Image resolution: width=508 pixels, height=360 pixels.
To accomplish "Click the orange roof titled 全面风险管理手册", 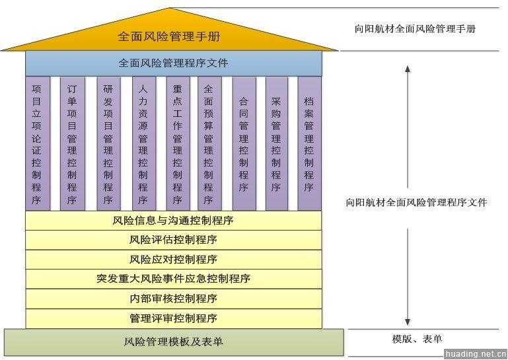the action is coord(169,36).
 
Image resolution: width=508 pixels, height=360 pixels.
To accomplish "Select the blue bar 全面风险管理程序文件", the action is coord(174,63).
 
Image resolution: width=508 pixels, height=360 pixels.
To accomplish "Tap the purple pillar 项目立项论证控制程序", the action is coord(38,143).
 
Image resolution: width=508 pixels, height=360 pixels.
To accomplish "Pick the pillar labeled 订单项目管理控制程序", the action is coord(73,143).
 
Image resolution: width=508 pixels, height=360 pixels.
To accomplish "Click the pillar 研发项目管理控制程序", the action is coord(108,143).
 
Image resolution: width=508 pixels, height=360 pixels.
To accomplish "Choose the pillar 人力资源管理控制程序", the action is coord(144,143).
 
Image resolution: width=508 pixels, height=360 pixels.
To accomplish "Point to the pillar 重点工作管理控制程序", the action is coord(178,143).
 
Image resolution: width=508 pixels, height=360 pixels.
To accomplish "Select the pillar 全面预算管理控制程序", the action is coord(209,143).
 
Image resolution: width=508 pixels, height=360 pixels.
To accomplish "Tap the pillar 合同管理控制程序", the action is coord(244,143).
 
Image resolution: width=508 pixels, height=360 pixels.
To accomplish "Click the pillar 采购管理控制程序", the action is coord(277,143).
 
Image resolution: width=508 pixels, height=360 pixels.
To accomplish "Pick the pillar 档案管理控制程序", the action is coord(310,143).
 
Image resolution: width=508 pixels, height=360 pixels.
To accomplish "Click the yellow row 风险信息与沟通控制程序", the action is coord(174,221).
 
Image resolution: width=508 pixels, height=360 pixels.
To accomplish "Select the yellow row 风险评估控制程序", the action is coord(174,240).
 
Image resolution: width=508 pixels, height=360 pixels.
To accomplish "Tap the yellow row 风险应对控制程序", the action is coord(174,260).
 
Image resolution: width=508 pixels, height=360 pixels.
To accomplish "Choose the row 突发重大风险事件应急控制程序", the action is coord(174,279).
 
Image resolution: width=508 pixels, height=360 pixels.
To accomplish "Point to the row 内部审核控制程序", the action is coord(174,299).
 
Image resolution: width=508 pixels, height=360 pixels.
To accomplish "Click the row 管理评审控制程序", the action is coord(174,318).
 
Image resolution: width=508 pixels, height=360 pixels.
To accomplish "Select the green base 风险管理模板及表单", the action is coord(174,342).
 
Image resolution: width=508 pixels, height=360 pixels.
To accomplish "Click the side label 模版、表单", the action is coord(417,339).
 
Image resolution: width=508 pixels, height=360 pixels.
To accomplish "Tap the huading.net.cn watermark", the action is coord(475,354).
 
